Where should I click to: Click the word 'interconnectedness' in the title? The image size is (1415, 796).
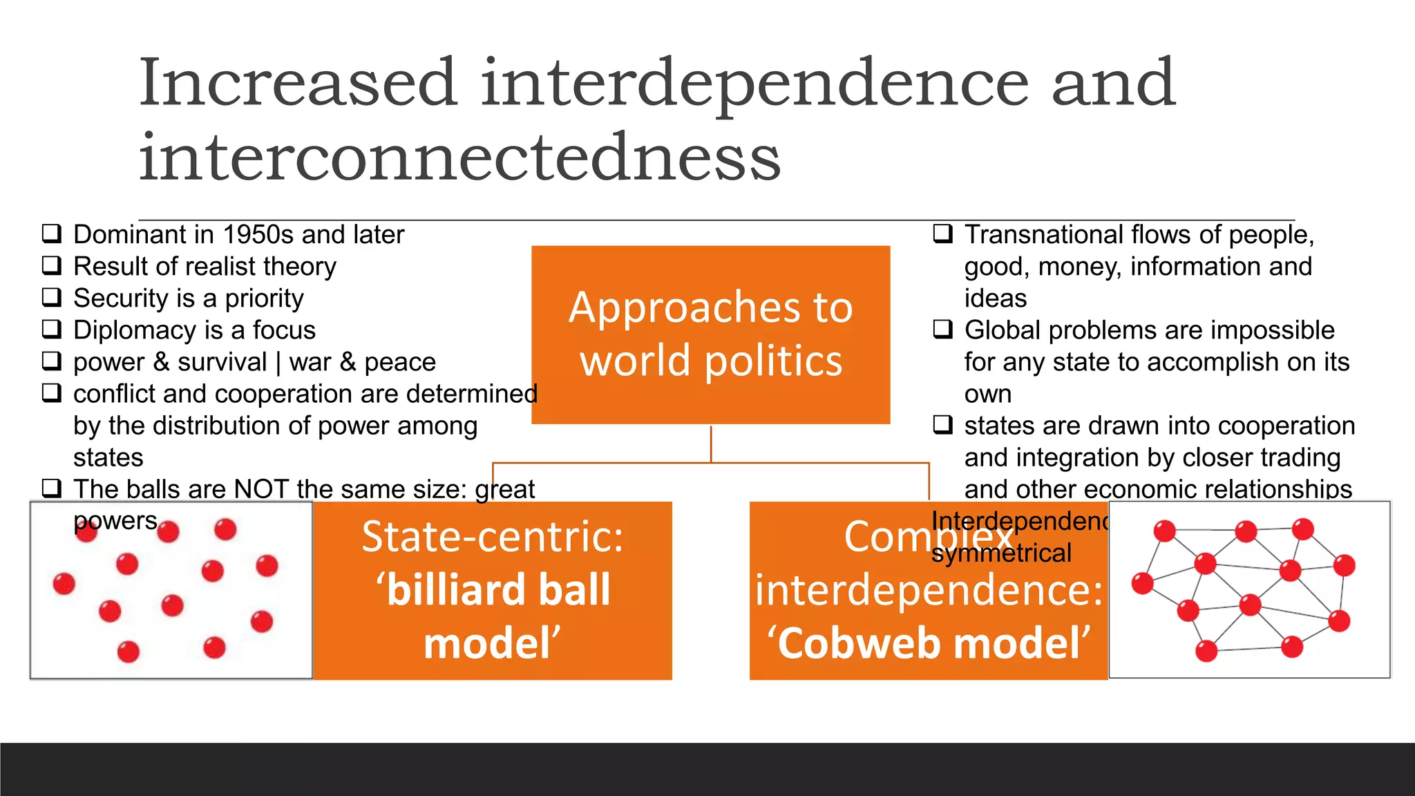pyautogui.click(x=459, y=158)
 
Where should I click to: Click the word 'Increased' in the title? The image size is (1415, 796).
pyautogui.click(x=298, y=83)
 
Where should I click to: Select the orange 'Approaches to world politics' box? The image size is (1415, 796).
pyautogui.click(x=710, y=334)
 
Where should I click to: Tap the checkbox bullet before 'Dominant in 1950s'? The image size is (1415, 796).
pyautogui.click(x=52, y=234)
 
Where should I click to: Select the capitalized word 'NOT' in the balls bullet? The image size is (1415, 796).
pyautogui.click(x=261, y=489)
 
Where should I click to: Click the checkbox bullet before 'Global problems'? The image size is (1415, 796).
pyautogui.click(x=943, y=329)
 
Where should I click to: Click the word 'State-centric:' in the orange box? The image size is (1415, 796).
pyautogui.click(x=493, y=537)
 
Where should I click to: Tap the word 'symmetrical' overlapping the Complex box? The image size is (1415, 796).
pyautogui.click(x=1001, y=553)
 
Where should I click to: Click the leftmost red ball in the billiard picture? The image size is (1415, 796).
pyautogui.click(x=64, y=584)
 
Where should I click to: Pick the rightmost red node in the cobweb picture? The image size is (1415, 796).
pyautogui.click(x=1344, y=565)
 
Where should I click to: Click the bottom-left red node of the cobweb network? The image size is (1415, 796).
pyautogui.click(x=1206, y=651)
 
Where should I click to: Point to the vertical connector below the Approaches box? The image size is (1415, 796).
pyautogui.click(x=711, y=444)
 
